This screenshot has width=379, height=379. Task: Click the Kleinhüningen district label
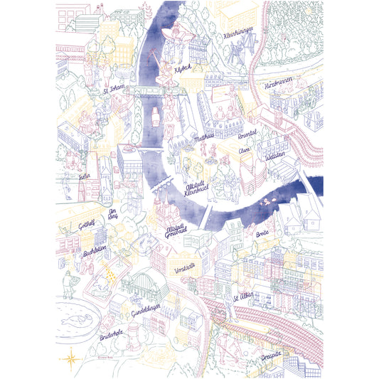pos(240,34)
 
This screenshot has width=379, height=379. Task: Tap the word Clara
pos(245,151)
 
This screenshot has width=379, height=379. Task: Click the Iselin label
pos(86,175)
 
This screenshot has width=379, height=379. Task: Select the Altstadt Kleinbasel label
pos(196,188)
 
